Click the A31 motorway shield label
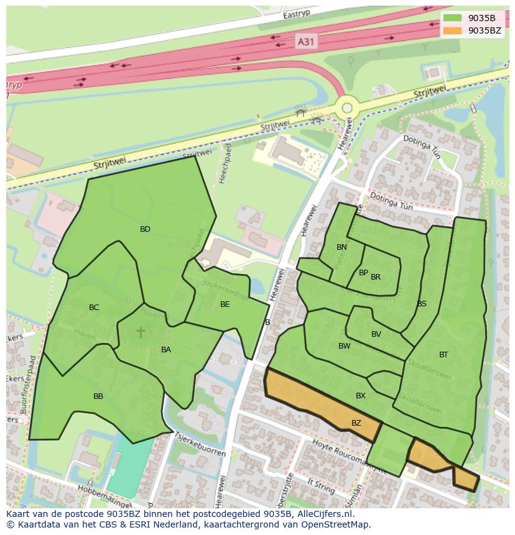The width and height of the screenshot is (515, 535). click(x=305, y=42)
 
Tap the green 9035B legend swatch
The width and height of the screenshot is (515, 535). click(x=453, y=18)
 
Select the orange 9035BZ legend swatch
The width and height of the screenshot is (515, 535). click(x=453, y=30)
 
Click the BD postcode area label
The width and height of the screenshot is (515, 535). click(x=145, y=229)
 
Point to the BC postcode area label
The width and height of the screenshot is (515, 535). click(x=94, y=308)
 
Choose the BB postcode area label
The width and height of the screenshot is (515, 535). click(x=98, y=396)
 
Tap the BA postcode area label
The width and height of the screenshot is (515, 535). click(x=166, y=350)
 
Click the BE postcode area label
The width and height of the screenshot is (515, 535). click(x=225, y=304)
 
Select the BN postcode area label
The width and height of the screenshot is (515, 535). click(x=341, y=247)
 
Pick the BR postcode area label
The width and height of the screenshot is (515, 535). click(x=376, y=277)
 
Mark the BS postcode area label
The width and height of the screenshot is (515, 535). click(x=422, y=304)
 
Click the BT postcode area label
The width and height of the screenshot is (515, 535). click(x=443, y=355)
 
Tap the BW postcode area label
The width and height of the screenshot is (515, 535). click(x=344, y=346)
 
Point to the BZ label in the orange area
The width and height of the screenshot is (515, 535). click(x=356, y=423)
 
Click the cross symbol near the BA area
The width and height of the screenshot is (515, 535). click(x=141, y=332)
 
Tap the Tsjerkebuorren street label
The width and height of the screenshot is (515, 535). click(x=200, y=444)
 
